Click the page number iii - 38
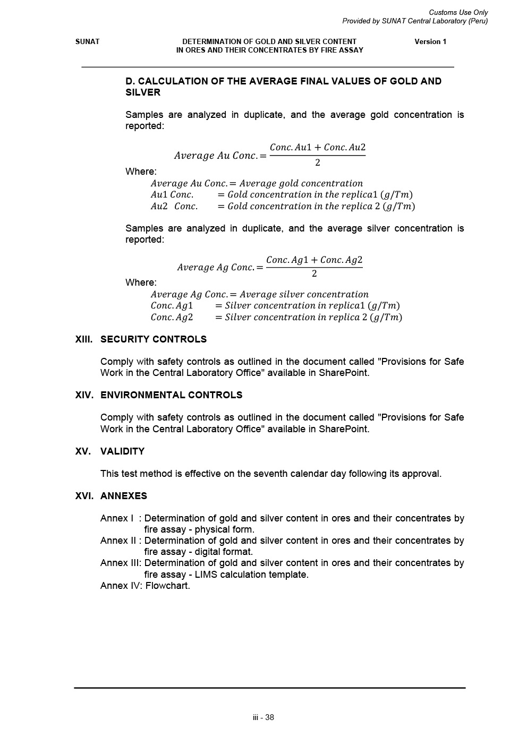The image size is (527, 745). tap(263, 717)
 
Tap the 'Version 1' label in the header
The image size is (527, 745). tap(430, 41)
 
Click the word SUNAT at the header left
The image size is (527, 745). tap(87, 41)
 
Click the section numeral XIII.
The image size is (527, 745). tap(84, 339)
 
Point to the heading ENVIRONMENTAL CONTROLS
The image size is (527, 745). tap(171, 395)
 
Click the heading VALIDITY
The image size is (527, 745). tap(122, 451)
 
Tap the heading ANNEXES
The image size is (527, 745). tap(123, 496)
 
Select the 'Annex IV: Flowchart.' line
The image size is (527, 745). tap(145, 586)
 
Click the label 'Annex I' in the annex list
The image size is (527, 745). tap(117, 518)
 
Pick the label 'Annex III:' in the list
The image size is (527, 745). tap(121, 563)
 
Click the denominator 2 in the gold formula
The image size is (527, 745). tap(318, 162)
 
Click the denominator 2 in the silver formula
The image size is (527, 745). tap(314, 273)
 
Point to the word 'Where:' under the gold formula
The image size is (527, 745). tap(141, 172)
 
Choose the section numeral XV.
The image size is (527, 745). tap(83, 451)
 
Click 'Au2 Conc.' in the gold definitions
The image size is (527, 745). tap(174, 206)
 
